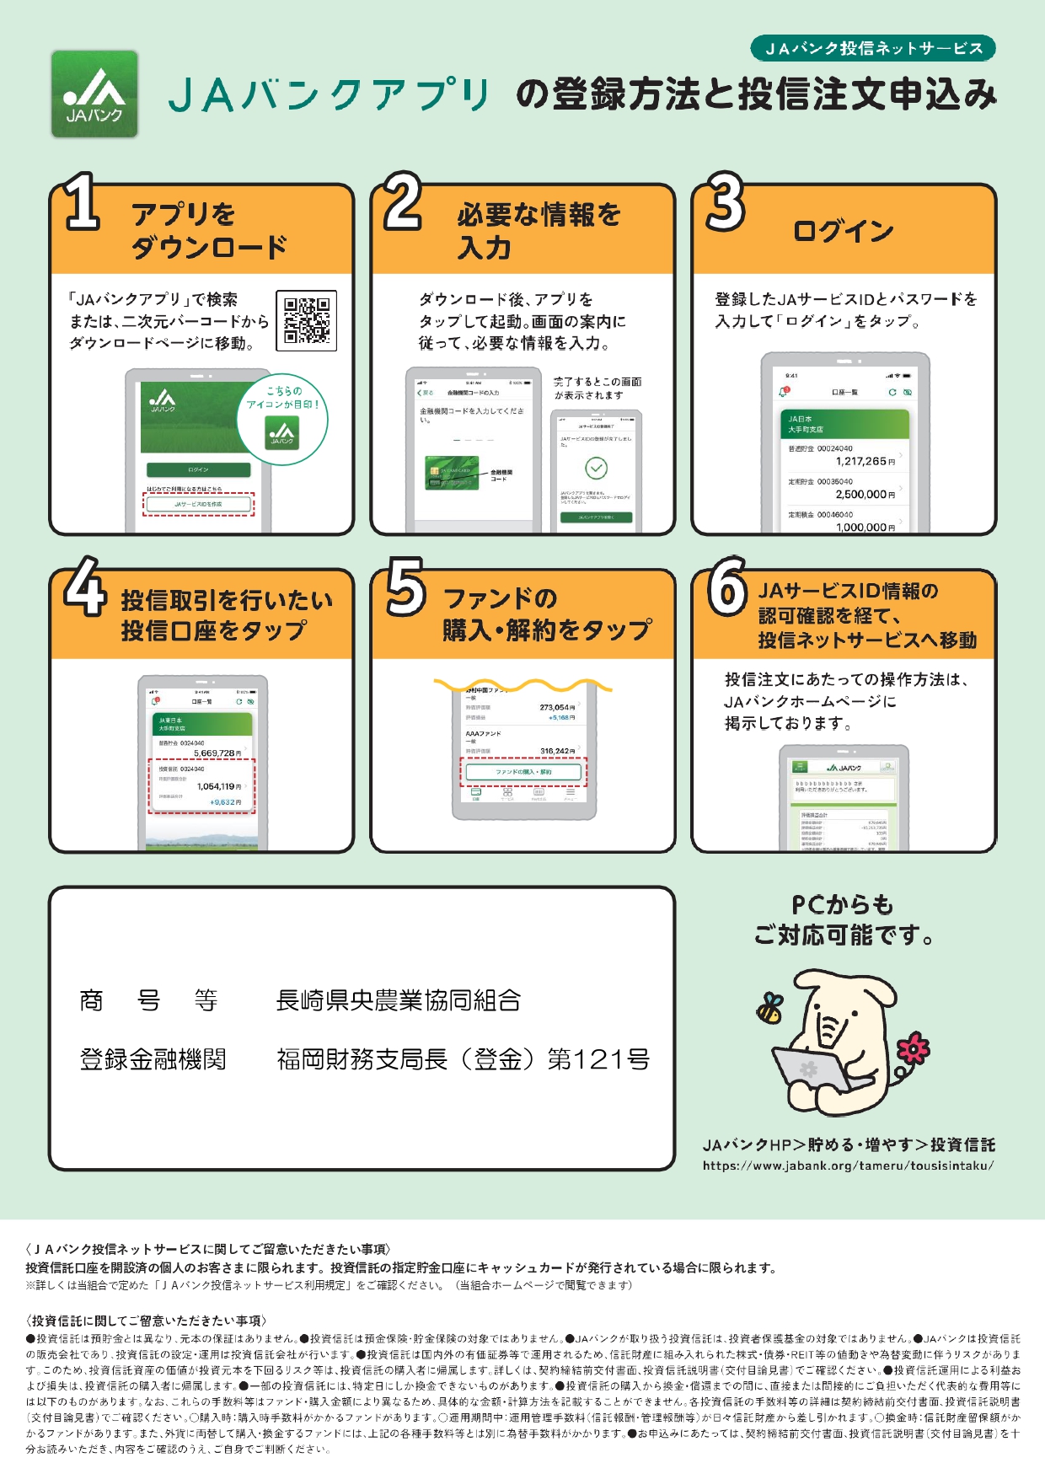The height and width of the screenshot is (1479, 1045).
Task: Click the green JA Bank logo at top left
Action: (94, 94)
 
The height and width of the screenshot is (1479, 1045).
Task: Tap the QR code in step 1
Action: (306, 320)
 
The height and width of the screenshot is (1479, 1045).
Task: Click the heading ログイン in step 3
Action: (843, 231)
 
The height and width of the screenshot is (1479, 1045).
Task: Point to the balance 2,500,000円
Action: (865, 494)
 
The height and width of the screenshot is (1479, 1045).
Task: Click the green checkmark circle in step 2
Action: (596, 468)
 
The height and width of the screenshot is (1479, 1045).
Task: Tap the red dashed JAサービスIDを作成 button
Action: (198, 504)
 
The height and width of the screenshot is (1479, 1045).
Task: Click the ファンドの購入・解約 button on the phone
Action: (523, 771)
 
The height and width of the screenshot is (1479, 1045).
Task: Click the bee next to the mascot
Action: (769, 1007)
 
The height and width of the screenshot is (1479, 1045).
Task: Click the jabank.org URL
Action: (848, 1166)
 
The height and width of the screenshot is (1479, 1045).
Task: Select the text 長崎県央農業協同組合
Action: (398, 1000)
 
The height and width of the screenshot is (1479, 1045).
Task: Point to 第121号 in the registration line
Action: (598, 1059)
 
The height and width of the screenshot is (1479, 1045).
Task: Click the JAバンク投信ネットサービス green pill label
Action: (873, 48)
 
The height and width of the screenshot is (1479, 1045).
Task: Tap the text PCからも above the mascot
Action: (842, 905)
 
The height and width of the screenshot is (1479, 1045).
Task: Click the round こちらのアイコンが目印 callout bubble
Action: (282, 419)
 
